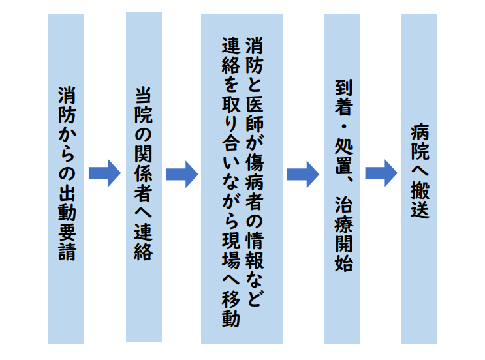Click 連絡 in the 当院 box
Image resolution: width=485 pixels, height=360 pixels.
[143, 241]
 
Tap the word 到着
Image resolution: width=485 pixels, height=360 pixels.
[343, 95]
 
